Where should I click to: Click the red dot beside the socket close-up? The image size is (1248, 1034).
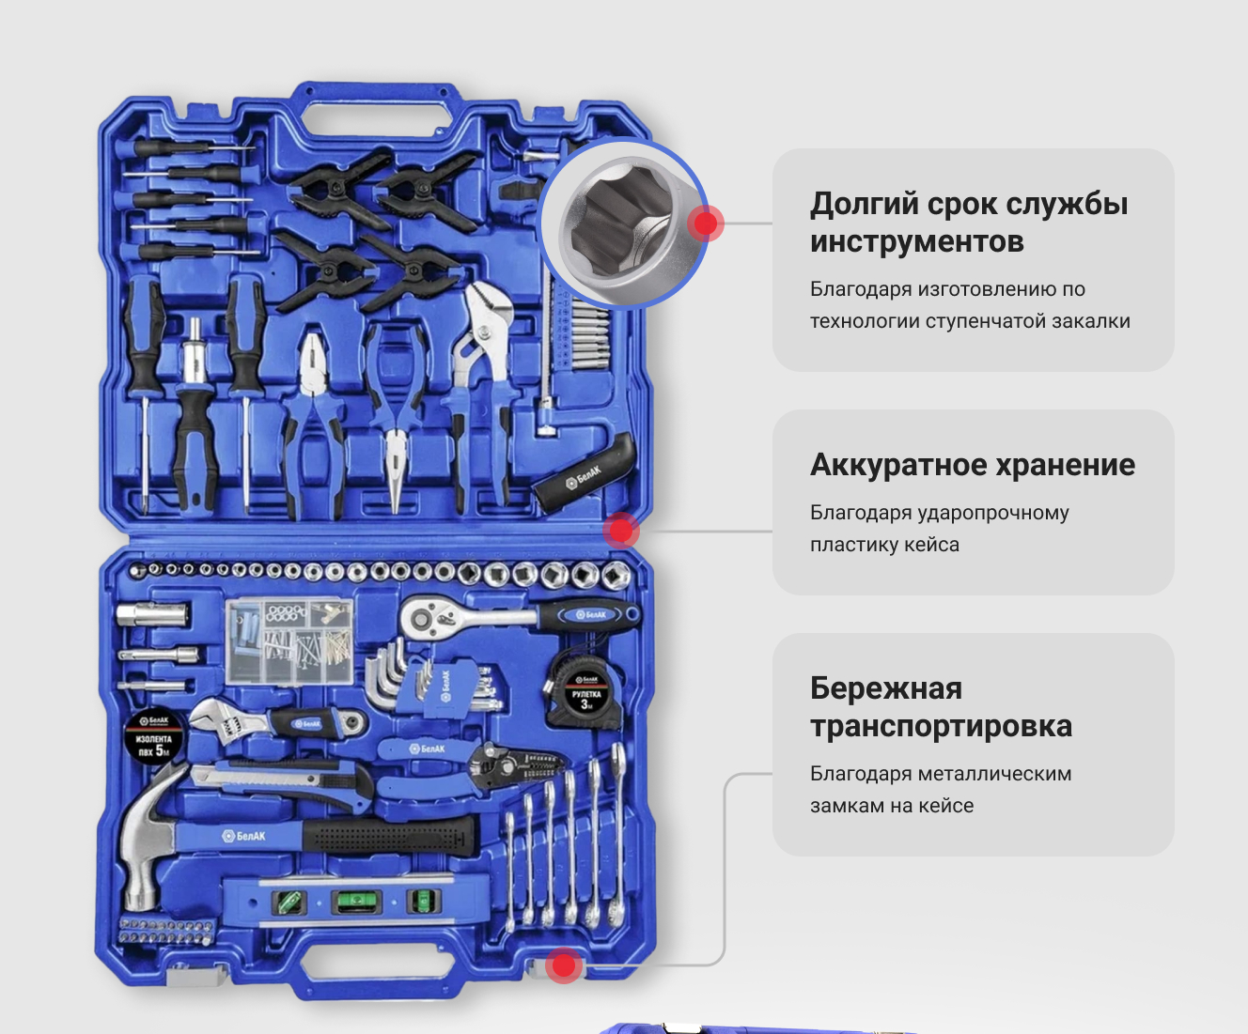click(706, 224)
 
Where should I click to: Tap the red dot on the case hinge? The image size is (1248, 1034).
click(621, 531)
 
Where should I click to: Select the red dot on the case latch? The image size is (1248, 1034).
click(564, 965)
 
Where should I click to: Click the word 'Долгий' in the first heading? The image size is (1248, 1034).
click(864, 204)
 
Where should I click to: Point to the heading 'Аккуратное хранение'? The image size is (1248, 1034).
click(973, 464)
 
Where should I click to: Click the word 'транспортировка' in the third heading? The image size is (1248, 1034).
click(942, 726)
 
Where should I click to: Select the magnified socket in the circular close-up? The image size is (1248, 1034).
click(625, 224)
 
